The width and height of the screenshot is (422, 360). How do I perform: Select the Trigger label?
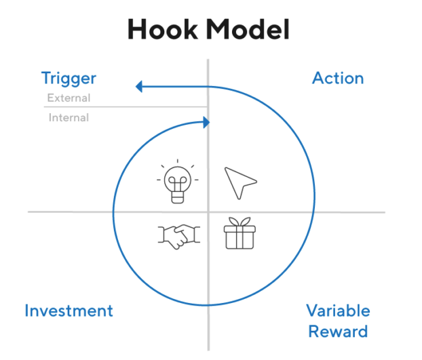click(69, 79)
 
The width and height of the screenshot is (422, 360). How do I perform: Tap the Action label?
click(338, 78)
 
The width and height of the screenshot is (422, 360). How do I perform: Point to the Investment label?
click(69, 311)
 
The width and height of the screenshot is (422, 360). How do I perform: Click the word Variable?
click(338, 311)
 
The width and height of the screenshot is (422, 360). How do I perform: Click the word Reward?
click(338, 332)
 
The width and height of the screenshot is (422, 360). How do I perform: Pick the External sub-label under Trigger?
click(69, 98)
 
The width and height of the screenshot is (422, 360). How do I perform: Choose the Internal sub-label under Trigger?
click(69, 118)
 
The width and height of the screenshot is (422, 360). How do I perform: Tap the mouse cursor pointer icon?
click(239, 183)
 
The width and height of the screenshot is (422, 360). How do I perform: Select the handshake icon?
click(178, 235)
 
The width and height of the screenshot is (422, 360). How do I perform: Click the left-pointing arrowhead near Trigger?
click(140, 86)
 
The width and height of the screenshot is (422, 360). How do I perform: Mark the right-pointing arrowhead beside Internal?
click(206, 123)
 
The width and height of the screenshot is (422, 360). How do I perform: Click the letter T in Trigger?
click(46, 79)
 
